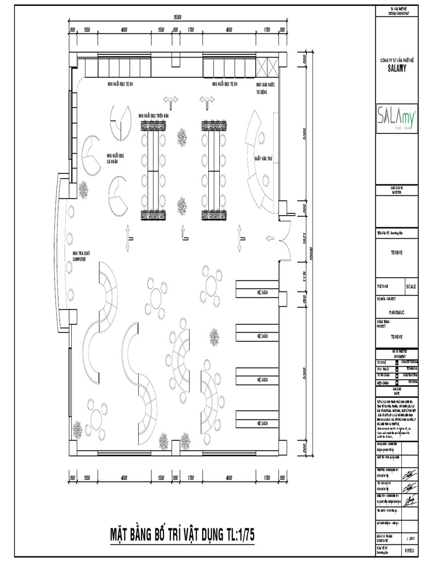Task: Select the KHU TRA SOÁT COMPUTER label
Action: pyautogui.click(x=80, y=256)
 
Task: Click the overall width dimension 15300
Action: pyautogui.click(x=177, y=18)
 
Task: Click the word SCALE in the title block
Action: pyautogui.click(x=411, y=286)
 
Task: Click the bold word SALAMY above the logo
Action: pyautogui.click(x=396, y=64)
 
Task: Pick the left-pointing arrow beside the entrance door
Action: pyautogui.click(x=269, y=238)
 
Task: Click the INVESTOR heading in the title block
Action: pyautogui.click(x=396, y=192)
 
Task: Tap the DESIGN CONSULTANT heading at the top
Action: pyautogui.click(x=396, y=11)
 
